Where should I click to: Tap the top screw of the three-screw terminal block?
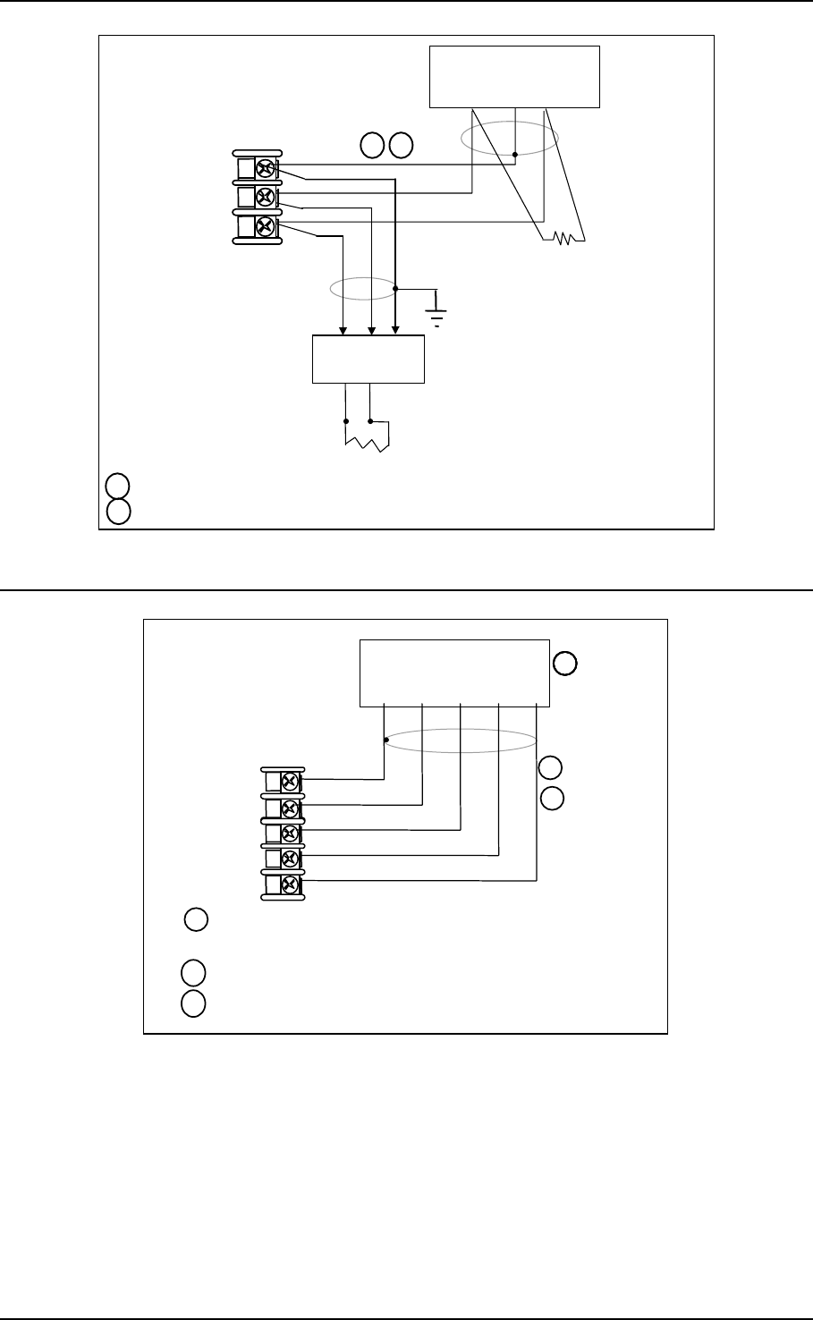[x=265, y=169]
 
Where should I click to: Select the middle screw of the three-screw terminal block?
[x=265, y=197]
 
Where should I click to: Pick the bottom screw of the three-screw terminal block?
[x=265, y=224]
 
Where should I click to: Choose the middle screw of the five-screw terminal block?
[x=290, y=833]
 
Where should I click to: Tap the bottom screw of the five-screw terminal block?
[x=290, y=885]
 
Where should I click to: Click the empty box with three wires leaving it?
[x=514, y=77]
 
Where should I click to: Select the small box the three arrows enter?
[x=368, y=360]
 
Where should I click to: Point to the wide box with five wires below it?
[x=453, y=673]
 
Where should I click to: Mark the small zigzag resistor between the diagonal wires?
[x=563, y=239]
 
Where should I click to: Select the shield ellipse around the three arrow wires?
[x=362, y=288]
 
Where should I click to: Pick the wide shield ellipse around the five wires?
[x=460, y=740]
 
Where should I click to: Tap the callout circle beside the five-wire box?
[x=565, y=664]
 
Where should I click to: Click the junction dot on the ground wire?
[x=395, y=288]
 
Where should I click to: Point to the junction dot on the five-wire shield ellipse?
[x=385, y=740]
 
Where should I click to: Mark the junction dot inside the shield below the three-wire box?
[x=515, y=155]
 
